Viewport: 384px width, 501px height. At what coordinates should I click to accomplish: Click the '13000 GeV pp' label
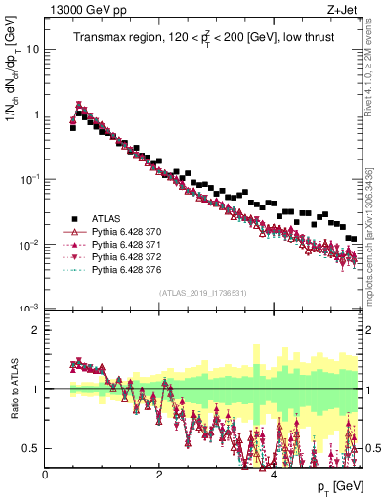[x=81, y=11]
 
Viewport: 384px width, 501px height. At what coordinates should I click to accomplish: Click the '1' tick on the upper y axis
[x=37, y=114]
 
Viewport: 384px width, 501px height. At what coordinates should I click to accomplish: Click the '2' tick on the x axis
[x=159, y=475]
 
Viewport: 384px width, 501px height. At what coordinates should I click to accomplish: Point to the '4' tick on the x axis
[x=274, y=475]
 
